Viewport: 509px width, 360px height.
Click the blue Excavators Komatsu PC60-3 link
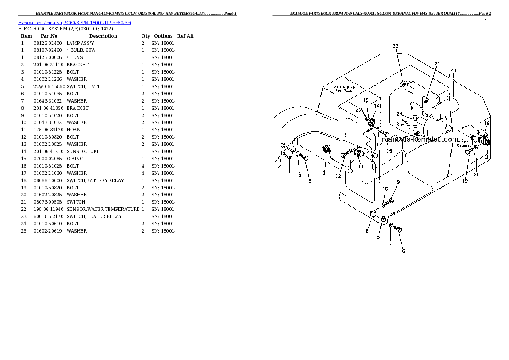coord(75,22)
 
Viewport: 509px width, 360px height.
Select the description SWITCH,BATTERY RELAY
coord(95,180)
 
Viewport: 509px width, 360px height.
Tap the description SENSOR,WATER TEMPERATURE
coord(103,209)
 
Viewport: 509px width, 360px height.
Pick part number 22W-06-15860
coord(49,86)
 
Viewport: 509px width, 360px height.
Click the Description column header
coord(103,36)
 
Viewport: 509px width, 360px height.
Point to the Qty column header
coord(145,36)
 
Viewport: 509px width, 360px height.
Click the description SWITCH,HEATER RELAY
coord(94,216)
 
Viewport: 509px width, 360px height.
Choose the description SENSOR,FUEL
coord(83,151)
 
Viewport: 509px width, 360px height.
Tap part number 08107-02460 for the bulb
coord(47,50)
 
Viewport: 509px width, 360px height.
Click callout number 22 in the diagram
coord(395,46)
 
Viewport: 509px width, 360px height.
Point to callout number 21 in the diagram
coord(437,64)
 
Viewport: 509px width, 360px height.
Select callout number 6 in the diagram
coord(403,251)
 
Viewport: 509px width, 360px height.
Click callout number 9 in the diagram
coord(398,182)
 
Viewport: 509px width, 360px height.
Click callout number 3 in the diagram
coord(310,180)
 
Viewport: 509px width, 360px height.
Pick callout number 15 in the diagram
coord(366,100)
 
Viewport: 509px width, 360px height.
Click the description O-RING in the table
coord(75,159)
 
